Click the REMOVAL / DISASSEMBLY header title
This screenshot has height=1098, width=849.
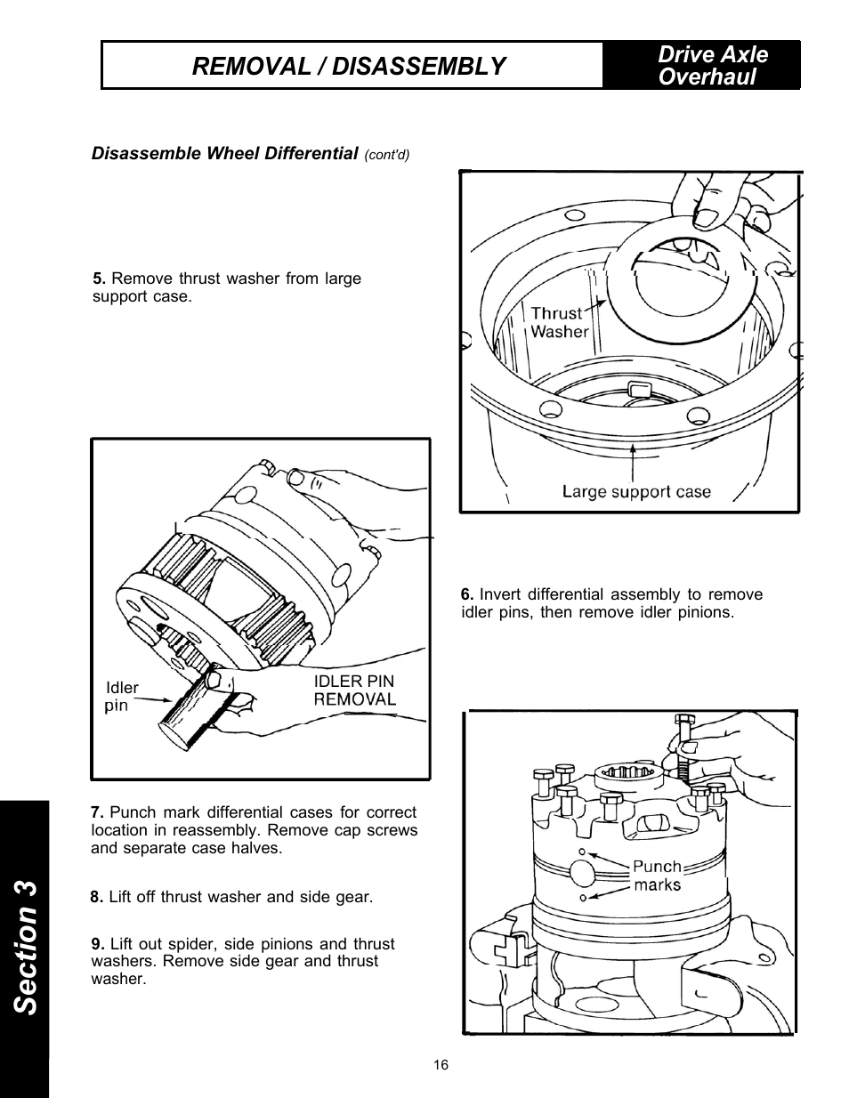[349, 66]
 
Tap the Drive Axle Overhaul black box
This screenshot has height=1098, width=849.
[702, 66]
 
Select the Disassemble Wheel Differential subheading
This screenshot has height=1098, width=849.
[224, 153]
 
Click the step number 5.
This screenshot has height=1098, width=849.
[99, 279]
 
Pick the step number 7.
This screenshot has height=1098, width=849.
[97, 812]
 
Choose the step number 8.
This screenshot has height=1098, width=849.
[97, 897]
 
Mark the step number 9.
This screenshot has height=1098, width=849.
[97, 944]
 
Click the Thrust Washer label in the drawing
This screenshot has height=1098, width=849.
[559, 322]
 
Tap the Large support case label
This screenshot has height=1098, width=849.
[636, 491]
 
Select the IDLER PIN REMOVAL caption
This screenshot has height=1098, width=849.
[354, 690]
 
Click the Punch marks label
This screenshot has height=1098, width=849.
[658, 875]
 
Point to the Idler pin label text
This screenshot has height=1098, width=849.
[121, 697]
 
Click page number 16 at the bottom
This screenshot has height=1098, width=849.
[441, 1065]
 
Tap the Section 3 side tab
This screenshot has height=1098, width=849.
[25, 948]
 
